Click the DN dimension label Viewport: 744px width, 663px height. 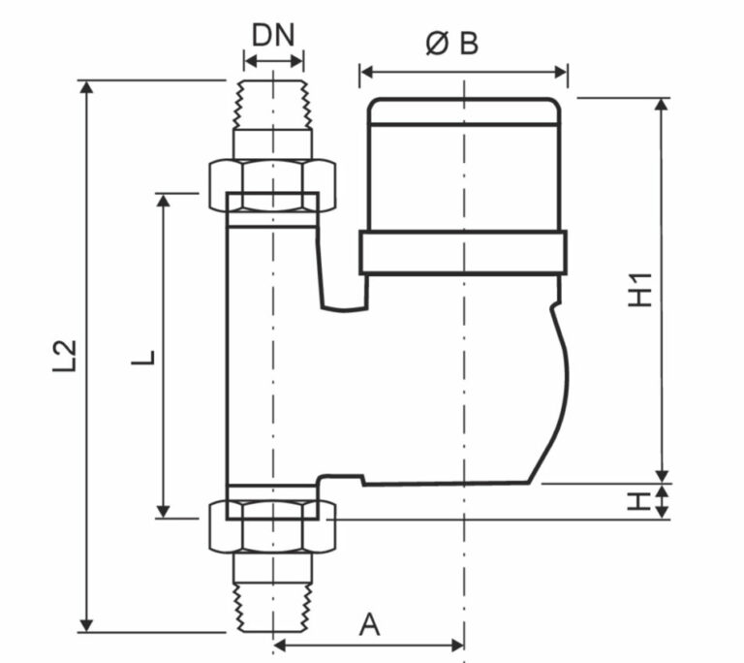[273, 35]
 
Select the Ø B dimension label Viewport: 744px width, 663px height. [452, 44]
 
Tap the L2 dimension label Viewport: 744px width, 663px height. [64, 355]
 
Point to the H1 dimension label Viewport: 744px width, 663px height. [640, 290]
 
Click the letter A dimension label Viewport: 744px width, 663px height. [369, 624]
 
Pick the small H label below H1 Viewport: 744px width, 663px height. [639, 501]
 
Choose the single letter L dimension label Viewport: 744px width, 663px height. [143, 358]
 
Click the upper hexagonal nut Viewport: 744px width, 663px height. [273, 185]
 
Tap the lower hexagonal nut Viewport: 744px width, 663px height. [273, 527]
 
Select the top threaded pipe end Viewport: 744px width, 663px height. [273, 105]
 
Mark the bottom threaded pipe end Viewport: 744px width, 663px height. [273, 608]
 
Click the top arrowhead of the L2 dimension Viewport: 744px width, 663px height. [86, 87]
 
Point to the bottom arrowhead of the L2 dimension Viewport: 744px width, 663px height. [86, 625]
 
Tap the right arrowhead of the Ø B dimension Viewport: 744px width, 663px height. [560, 73]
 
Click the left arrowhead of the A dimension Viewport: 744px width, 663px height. [281, 645]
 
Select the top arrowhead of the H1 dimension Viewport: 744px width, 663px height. [662, 105]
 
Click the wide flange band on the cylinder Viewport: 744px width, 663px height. [463, 253]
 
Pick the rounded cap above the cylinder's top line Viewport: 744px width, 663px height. [464, 111]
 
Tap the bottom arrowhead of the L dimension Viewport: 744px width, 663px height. [163, 511]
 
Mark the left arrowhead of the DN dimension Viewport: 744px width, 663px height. [251, 61]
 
